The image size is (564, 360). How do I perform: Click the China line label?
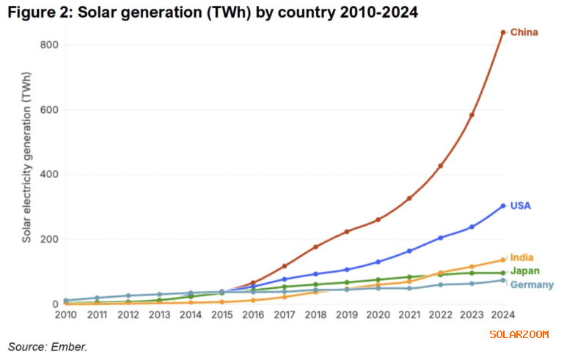pyautogui.click(x=524, y=32)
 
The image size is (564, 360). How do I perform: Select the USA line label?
pyautogui.click(x=520, y=206)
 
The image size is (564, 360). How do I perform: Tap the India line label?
pyautogui.click(x=521, y=257)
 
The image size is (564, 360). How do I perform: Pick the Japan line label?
pyautogui.click(x=524, y=271)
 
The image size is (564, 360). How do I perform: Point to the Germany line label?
pyautogui.click(x=532, y=284)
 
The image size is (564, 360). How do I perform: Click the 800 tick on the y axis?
pyautogui.click(x=50, y=45)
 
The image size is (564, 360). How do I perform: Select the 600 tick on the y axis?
pyautogui.click(x=50, y=110)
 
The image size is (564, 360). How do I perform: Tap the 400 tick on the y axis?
pyautogui.click(x=50, y=175)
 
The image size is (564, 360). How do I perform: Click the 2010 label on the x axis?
pyautogui.click(x=65, y=315)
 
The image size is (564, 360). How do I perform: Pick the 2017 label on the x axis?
pyautogui.click(x=284, y=315)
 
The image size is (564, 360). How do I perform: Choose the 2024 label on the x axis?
pyautogui.click(x=502, y=315)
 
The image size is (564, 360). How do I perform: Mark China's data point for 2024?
pyautogui.click(x=502, y=32)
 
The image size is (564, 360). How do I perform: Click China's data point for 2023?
pyautogui.click(x=472, y=115)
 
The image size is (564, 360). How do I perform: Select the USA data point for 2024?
pyautogui.click(x=502, y=206)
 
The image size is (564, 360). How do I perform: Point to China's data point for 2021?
pyautogui.click(x=409, y=198)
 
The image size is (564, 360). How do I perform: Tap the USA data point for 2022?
pyautogui.click(x=440, y=238)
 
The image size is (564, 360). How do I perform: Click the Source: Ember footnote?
pyautogui.click(x=48, y=345)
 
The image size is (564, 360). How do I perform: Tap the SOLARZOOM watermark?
pyautogui.click(x=519, y=334)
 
